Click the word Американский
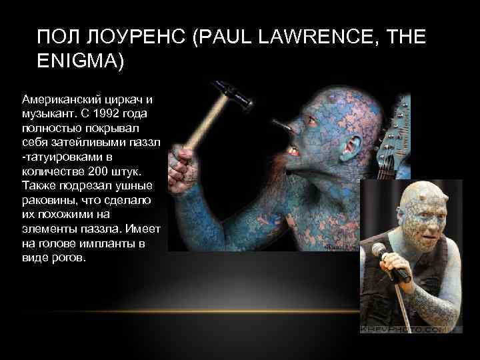pyautogui.click(x=59, y=99)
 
